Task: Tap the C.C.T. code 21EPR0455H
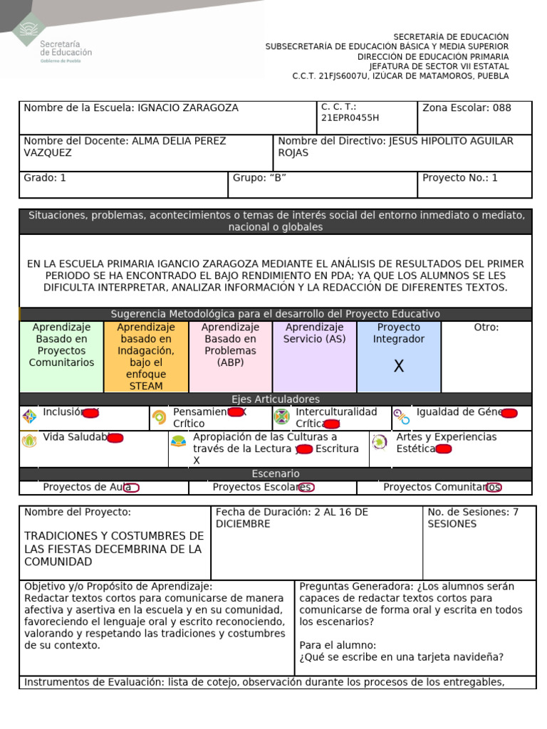(x=350, y=118)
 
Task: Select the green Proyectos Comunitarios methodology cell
(x=62, y=356)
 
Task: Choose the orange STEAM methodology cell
(x=146, y=356)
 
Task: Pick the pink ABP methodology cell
(x=230, y=356)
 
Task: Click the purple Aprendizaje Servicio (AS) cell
(x=314, y=356)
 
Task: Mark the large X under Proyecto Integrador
(x=399, y=367)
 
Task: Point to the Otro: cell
(x=486, y=356)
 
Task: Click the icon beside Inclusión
(x=29, y=416)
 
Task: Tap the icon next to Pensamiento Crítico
(x=159, y=417)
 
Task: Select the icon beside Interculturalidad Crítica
(x=282, y=416)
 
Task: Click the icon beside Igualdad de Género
(x=402, y=417)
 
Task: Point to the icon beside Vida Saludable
(x=29, y=441)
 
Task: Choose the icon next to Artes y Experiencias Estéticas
(x=380, y=442)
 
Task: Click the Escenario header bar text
(x=275, y=474)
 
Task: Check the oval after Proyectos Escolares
(x=307, y=488)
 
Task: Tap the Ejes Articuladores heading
(x=275, y=399)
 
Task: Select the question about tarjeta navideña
(x=401, y=657)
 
